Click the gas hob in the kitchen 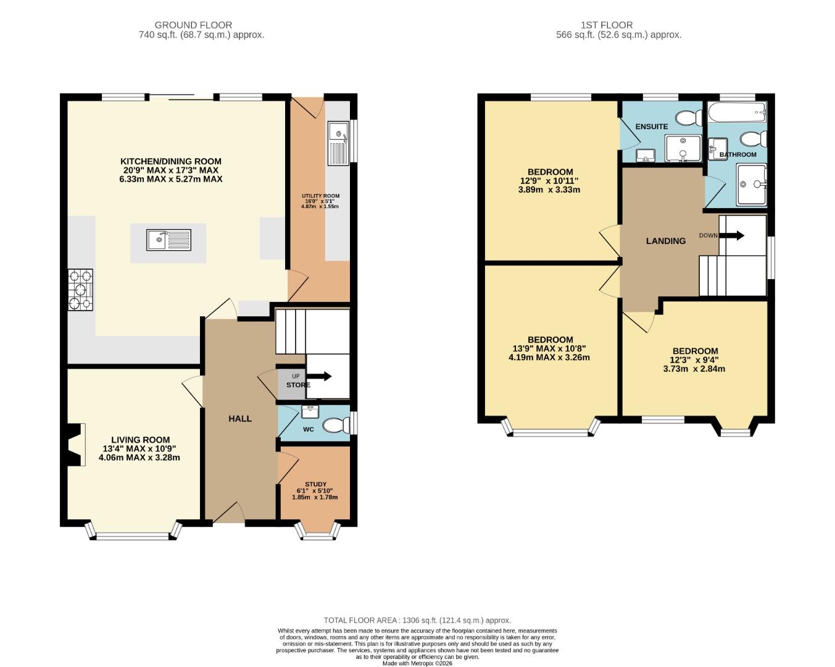coord(80,290)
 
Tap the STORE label coord(298,385)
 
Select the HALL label coord(240,419)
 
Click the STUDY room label coord(315,485)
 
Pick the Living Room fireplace coord(75,444)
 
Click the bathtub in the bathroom coord(737,112)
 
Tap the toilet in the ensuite coord(689,117)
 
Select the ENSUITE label coord(652,127)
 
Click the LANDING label coord(665,241)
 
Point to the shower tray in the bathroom coord(751,184)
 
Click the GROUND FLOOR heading coord(193,25)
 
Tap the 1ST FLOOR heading coord(606,25)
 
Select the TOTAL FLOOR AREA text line coord(417,620)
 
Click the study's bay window coord(318,531)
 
